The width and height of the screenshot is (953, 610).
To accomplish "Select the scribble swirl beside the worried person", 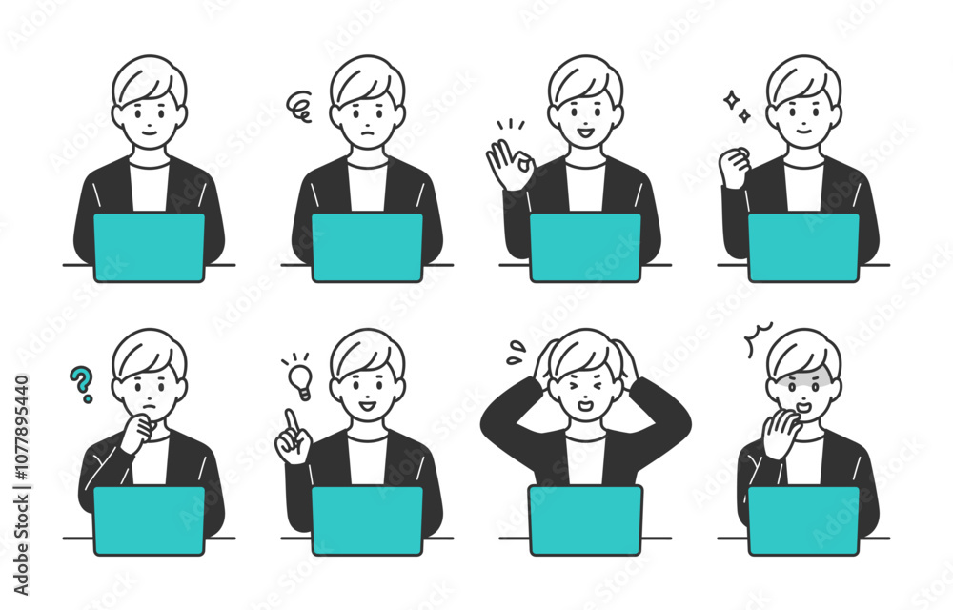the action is (299, 106).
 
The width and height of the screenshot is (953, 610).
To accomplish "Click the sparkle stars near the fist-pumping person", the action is (737, 107).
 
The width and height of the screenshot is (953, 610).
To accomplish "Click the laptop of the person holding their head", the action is (585, 520).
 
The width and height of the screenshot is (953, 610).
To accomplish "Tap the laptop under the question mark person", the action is (149, 520).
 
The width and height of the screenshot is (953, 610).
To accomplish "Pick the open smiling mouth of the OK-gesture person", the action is (585, 132).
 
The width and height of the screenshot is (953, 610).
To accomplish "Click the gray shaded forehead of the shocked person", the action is (803, 381).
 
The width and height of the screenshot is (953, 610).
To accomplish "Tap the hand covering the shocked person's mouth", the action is (781, 433).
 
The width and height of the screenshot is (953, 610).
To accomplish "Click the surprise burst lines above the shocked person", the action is (758, 337).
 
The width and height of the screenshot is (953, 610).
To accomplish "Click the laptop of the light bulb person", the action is (367, 520).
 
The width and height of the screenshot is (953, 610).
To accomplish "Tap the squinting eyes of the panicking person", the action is (585, 386).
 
